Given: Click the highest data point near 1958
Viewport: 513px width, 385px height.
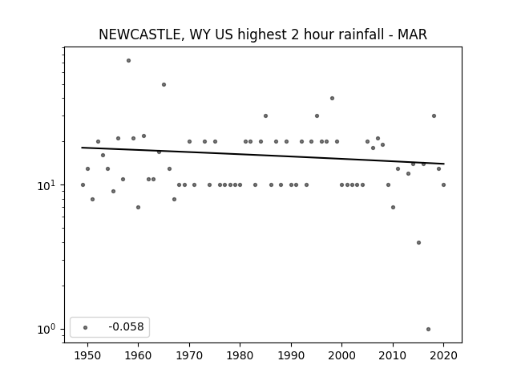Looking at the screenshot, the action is [x=128, y=61].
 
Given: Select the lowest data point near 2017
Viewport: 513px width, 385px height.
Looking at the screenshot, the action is [x=428, y=330].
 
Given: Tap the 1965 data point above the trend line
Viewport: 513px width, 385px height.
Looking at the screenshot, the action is [x=164, y=85].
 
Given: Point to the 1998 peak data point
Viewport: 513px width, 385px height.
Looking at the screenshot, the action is [x=332, y=98].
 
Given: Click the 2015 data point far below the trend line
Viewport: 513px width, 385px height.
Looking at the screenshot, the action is [x=418, y=242].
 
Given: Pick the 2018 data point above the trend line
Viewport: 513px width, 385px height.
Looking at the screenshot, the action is [x=434, y=115].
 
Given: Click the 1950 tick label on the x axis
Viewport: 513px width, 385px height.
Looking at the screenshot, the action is [x=87, y=355].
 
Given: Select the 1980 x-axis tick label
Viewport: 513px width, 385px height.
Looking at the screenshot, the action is [x=240, y=355].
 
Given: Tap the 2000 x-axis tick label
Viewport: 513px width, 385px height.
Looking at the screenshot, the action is [x=341, y=355].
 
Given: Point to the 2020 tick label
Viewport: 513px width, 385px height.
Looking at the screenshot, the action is [x=443, y=355].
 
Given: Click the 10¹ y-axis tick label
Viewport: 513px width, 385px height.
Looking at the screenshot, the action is [x=46, y=185].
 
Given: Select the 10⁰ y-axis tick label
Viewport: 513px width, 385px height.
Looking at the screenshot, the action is [x=46, y=329].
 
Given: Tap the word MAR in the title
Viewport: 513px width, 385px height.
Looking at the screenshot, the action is [x=412, y=34].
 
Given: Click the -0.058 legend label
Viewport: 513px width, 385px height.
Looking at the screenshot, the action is [x=126, y=327].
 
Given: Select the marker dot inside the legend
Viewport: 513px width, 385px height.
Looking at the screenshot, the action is [x=86, y=327].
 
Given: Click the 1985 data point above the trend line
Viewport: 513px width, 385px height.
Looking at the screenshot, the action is [x=265, y=115].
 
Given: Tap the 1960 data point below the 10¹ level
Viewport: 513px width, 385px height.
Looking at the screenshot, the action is [x=138, y=207].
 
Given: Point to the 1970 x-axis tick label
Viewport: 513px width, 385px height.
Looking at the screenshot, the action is [x=189, y=355].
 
